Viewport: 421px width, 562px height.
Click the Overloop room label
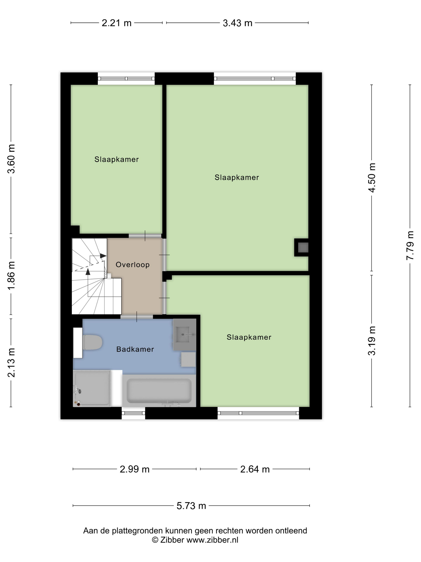click(133, 265)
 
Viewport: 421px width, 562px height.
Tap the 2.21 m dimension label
click(116, 23)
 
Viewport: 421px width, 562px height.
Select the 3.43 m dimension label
click(238, 23)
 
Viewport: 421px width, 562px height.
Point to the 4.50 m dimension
click(372, 178)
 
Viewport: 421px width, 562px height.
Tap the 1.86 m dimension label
click(11, 275)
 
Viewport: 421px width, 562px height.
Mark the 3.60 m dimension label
click(11, 159)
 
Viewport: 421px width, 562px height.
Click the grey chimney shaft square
click(303, 247)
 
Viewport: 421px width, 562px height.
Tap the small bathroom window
click(133, 413)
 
